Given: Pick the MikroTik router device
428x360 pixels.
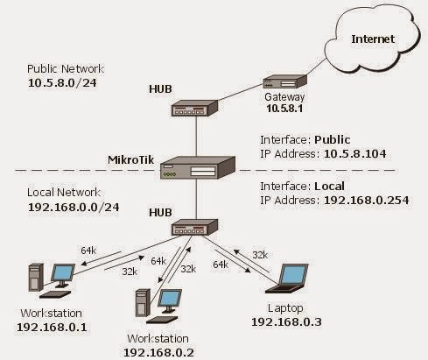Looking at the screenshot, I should click(200, 169).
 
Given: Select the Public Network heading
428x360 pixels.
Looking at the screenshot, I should click(67, 67).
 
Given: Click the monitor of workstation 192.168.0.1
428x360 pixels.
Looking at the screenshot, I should click(62, 275).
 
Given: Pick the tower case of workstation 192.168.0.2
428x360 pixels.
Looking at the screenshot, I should click(141, 306).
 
